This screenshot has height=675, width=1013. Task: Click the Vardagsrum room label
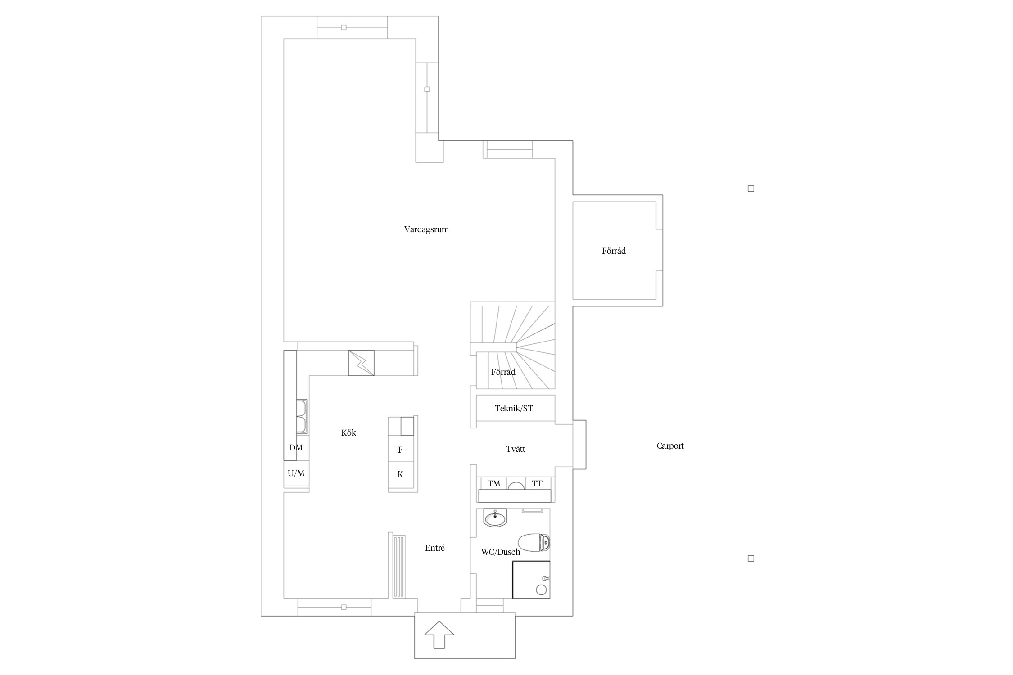(x=426, y=229)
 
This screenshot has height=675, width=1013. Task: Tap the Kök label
(x=348, y=432)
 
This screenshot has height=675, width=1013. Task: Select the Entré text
(x=435, y=548)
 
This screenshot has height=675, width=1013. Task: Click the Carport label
(x=670, y=446)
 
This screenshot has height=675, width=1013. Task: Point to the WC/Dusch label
(x=501, y=552)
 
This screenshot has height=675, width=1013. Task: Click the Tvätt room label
(x=516, y=449)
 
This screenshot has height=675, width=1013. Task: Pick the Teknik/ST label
(x=514, y=409)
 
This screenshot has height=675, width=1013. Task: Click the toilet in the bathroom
(x=534, y=542)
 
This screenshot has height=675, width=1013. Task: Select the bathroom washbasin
(x=495, y=517)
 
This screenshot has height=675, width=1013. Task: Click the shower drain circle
(x=541, y=589)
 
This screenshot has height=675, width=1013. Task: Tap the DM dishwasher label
(x=296, y=448)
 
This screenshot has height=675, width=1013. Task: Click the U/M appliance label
(x=296, y=473)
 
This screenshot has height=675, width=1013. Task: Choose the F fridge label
(x=400, y=450)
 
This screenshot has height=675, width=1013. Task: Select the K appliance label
(x=400, y=474)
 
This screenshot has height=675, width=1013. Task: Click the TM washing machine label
(x=494, y=484)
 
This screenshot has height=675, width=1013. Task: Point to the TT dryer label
(x=537, y=484)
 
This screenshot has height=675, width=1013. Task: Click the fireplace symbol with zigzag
(x=361, y=363)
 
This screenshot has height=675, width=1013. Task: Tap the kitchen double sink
(x=302, y=417)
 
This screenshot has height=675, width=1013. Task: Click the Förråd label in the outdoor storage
(x=614, y=251)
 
